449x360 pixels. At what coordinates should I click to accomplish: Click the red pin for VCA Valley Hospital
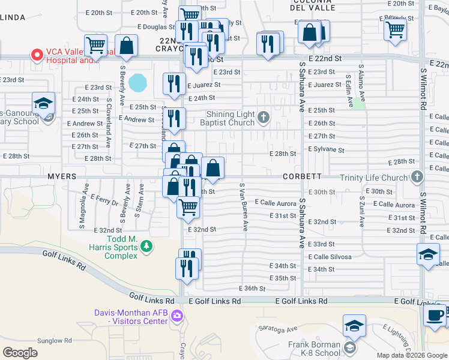[x=37, y=55]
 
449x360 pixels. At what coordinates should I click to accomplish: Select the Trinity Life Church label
[x=373, y=178]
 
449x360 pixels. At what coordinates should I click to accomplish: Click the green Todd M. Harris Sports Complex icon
[x=145, y=246]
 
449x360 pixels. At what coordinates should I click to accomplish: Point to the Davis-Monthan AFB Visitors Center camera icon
[x=176, y=316]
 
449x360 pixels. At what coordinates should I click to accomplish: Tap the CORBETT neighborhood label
[x=303, y=177]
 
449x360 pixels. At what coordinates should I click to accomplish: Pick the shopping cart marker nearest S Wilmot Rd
[x=394, y=28]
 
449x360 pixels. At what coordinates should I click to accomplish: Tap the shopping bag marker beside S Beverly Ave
[x=127, y=45]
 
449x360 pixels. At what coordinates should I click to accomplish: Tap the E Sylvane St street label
[x=326, y=149]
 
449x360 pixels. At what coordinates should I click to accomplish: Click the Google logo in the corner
[x=20, y=353]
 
